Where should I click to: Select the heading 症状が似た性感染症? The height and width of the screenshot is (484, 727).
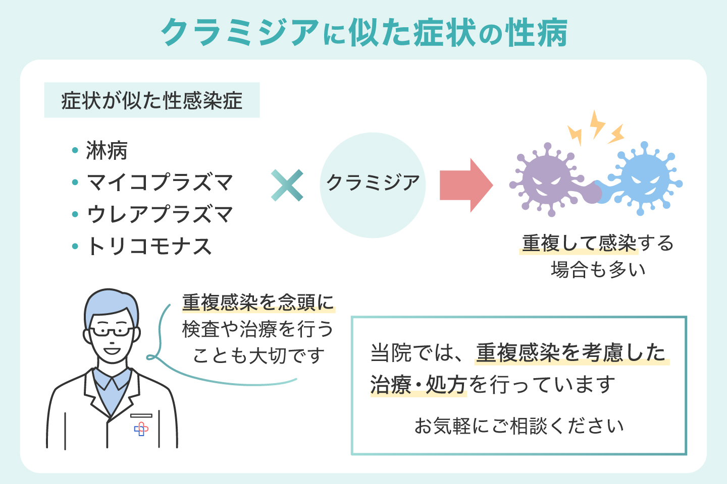coord(151,100)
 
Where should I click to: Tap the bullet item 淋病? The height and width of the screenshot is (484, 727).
coord(107,151)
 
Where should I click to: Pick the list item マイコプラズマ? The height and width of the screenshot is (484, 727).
coord(160,183)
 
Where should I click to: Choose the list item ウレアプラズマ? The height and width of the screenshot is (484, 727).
coord(160,215)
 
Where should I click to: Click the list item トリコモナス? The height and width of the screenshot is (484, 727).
coord(149,247)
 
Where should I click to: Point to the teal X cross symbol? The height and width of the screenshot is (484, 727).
coord(287,185)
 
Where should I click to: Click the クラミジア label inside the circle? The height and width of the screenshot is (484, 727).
coord(373,183)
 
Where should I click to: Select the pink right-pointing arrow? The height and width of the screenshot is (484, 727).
coord(465,185)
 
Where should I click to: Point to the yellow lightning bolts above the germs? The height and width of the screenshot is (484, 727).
coord(596,128)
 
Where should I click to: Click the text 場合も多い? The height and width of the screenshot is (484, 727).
coord(598,270)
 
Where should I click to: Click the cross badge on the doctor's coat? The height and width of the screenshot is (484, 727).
coord(141,429)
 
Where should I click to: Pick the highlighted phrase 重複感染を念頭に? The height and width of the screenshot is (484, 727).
coord(258,302)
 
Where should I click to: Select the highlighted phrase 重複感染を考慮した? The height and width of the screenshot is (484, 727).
coord(572,352)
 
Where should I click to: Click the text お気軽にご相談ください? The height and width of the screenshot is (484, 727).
coord(519,426)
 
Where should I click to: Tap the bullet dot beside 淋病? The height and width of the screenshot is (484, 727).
coord(75,150)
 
